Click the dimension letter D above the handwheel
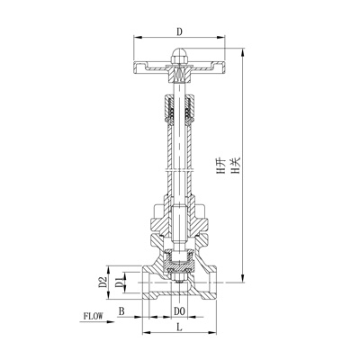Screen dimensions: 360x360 pos(178,31)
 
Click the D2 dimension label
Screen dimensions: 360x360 pos(103,283)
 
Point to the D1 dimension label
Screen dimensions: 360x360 pos(118,284)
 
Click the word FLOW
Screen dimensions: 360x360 pos(94,316)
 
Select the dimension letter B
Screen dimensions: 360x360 pos(122,312)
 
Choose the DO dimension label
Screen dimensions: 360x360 pos(180,312)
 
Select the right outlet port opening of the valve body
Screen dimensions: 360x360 pos(212,284)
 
